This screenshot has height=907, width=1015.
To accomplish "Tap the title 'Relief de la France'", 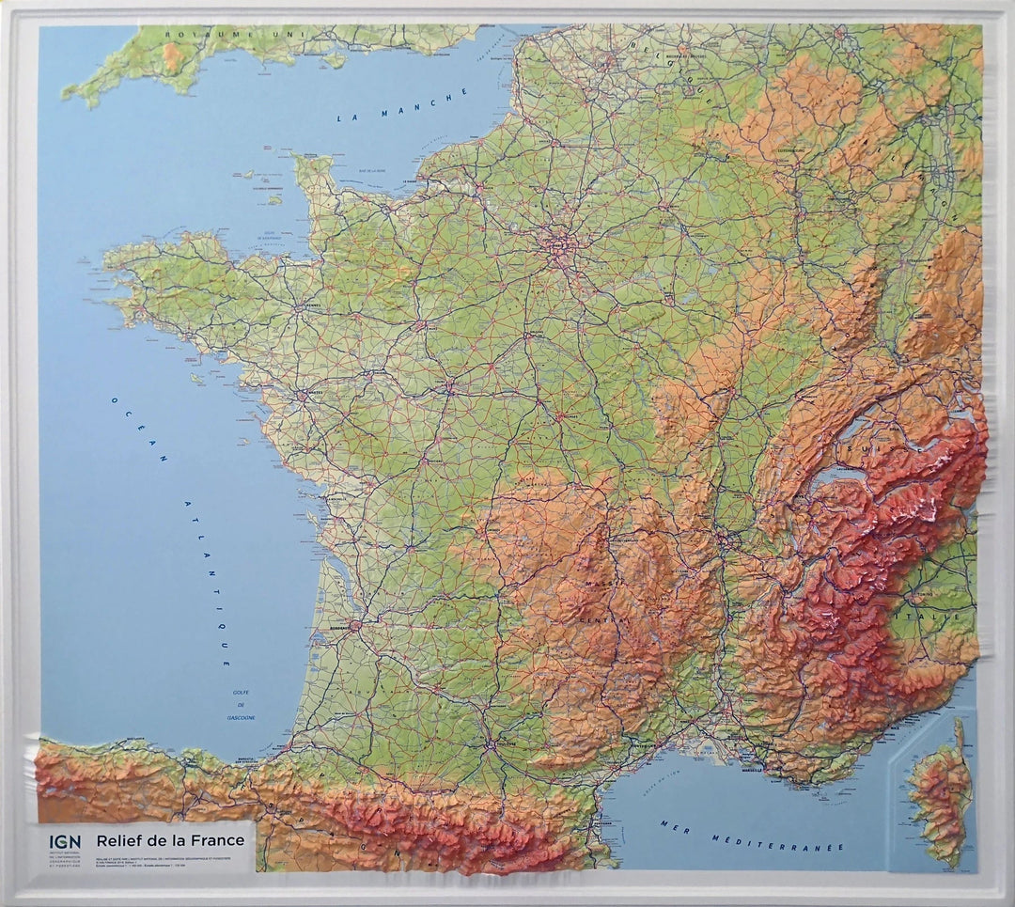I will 170,839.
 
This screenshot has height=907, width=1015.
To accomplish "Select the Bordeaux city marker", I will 355,626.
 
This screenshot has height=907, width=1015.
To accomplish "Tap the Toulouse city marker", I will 490,747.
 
